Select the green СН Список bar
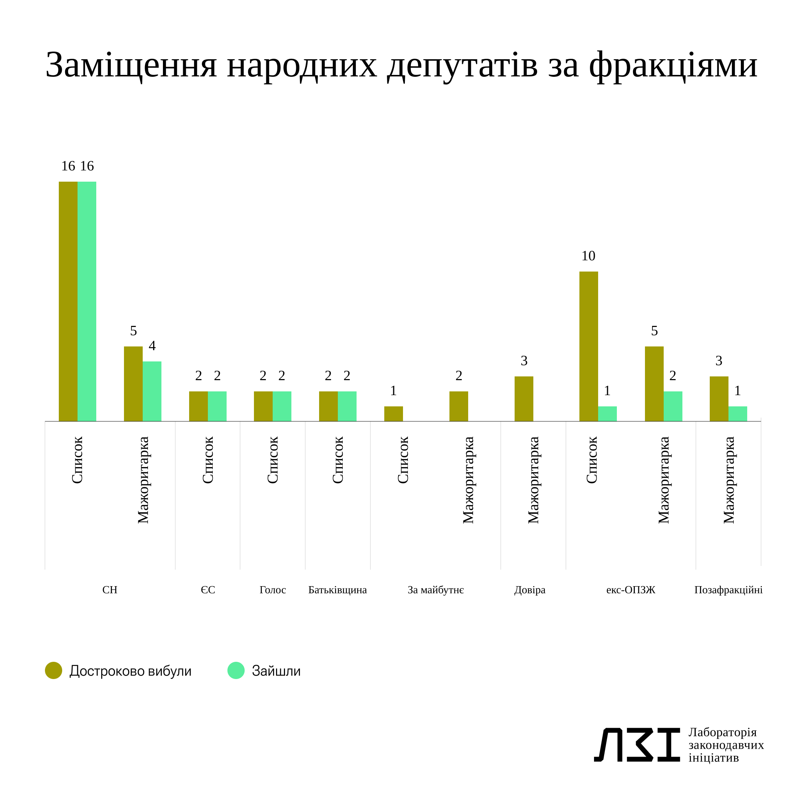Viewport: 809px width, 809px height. click(x=87, y=301)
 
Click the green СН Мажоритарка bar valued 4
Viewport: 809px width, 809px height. click(x=152, y=391)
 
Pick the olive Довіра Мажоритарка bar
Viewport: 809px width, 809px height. click(x=524, y=399)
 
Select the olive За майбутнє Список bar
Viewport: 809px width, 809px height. click(x=393, y=414)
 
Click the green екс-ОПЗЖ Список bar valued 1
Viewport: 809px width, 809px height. click(x=607, y=414)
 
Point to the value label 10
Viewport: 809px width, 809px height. click(x=588, y=256)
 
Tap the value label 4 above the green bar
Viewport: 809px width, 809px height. click(x=152, y=346)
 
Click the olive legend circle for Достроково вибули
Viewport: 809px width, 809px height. click(x=54, y=670)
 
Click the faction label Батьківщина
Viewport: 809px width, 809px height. click(x=337, y=590)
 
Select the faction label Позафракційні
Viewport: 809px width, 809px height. click(x=728, y=590)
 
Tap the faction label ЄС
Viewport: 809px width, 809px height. click(x=208, y=590)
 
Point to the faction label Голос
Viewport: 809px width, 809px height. click(x=273, y=590)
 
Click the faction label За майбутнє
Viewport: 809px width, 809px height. click(x=436, y=590)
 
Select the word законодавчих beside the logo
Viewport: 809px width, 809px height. click(x=726, y=745)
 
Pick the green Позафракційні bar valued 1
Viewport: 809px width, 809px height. click(x=737, y=414)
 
